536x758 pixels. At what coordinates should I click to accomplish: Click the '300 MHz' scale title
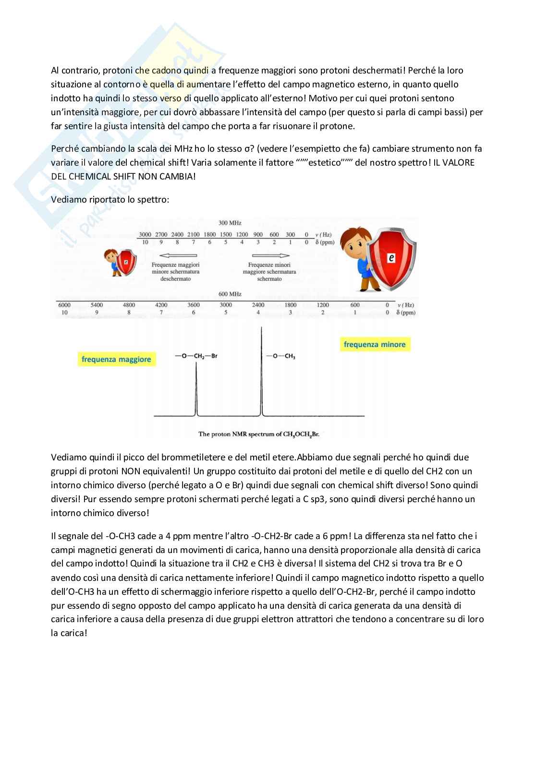click(x=230, y=223)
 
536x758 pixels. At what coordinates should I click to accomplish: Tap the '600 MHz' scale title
click(x=230, y=294)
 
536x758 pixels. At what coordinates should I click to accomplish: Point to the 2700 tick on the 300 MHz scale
click(x=161, y=235)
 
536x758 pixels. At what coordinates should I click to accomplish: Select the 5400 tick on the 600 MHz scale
click(x=97, y=305)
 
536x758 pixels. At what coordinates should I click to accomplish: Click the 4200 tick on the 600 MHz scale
click(x=161, y=305)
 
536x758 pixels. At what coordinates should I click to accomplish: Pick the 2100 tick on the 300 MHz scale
click(x=193, y=235)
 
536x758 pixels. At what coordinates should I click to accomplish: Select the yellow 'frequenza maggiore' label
click(x=116, y=359)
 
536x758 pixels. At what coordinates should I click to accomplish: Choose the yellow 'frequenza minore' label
click(x=375, y=344)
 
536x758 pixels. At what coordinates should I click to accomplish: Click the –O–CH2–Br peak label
click(x=196, y=356)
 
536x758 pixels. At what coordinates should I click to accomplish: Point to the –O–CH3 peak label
click(x=281, y=356)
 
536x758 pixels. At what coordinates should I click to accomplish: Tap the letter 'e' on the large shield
click(x=391, y=258)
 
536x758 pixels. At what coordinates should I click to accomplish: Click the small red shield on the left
click(x=126, y=262)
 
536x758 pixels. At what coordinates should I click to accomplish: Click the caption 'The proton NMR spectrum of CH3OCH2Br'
click(x=258, y=434)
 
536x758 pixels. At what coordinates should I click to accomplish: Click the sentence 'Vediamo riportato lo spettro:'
click(x=110, y=199)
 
